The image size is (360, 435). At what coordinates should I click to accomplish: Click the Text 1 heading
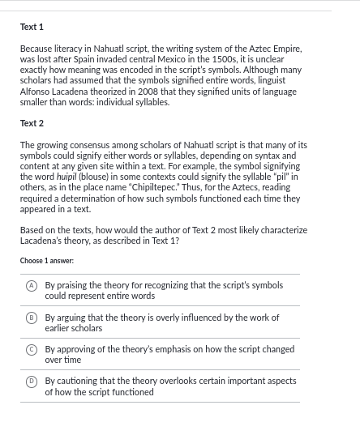pos(32,28)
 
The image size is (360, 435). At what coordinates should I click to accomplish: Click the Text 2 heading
pos(32,123)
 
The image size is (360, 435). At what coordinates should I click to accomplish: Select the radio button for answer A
pos(32,285)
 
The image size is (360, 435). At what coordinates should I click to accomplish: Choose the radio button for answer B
pos(32,318)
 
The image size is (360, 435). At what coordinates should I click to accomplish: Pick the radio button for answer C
pos(32,349)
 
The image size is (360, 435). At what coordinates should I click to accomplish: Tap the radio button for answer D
pos(32,381)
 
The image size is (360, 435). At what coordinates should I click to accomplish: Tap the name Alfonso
pos(36,92)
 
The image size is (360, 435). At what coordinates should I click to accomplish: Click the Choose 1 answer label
pos(46,261)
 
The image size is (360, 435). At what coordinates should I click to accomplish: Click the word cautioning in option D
pos(76,381)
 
